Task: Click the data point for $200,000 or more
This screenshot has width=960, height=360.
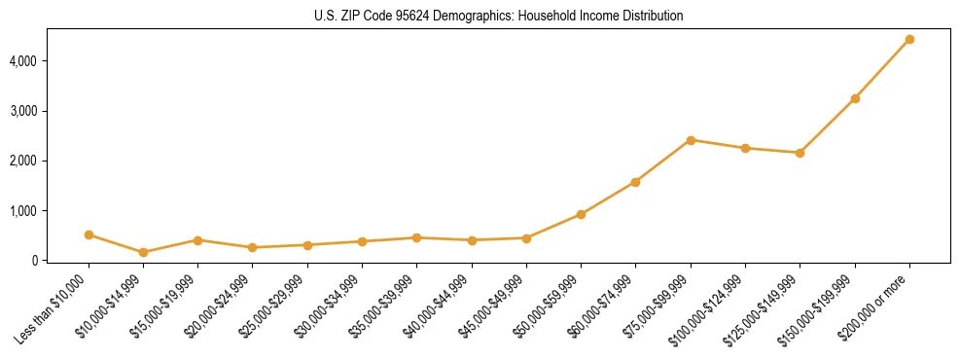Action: coord(909,40)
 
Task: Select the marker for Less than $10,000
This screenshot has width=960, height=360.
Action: coord(89,234)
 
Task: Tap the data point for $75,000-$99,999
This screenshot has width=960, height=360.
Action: coord(691,140)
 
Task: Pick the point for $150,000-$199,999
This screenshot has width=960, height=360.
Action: coord(855,98)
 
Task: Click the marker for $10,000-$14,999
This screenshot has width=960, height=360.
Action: coord(144,252)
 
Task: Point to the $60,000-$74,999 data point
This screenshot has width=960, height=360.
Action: coord(636,182)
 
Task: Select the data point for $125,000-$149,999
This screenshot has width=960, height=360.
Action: coord(800,153)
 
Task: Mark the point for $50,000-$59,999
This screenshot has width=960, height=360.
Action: coord(581,214)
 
